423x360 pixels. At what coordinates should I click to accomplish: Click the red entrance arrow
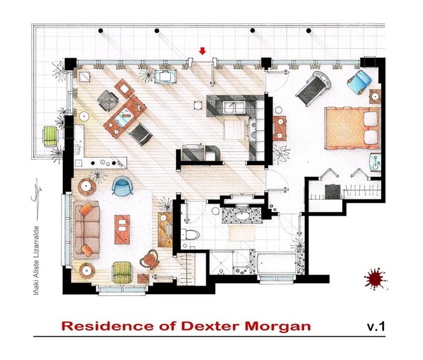[203, 52]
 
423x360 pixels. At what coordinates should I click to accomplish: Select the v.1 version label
[376, 326]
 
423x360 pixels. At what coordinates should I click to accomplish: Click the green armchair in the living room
[123, 270]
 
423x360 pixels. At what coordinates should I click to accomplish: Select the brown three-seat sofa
[85, 229]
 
